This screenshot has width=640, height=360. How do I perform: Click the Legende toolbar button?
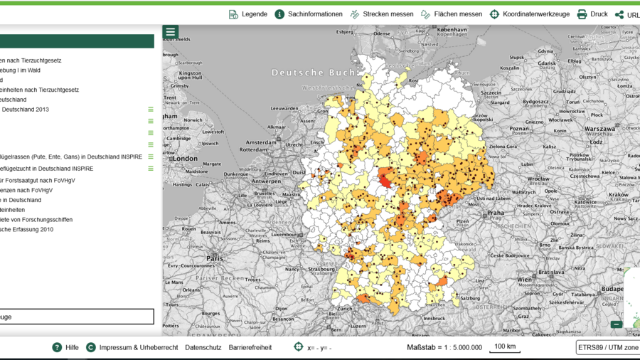point(248,14)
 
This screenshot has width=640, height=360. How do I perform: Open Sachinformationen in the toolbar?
point(309,14)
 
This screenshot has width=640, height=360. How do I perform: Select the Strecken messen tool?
point(381,14)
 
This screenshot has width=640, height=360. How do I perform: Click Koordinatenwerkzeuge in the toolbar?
point(529,14)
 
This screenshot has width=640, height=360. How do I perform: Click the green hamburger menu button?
point(171,32)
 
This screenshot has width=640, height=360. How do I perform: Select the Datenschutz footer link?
point(203,347)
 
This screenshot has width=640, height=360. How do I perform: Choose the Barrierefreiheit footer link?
point(250,347)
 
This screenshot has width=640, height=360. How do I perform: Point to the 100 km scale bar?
point(505,347)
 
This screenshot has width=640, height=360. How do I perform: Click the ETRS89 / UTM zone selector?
point(607,347)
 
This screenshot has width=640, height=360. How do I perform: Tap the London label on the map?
point(185,159)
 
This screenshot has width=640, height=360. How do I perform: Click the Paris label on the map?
point(215,258)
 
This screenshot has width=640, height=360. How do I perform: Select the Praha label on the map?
point(495,213)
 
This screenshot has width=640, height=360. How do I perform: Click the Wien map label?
point(524,280)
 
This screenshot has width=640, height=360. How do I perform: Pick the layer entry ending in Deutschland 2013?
point(25,110)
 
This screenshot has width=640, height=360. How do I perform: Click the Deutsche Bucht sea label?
point(308,73)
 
